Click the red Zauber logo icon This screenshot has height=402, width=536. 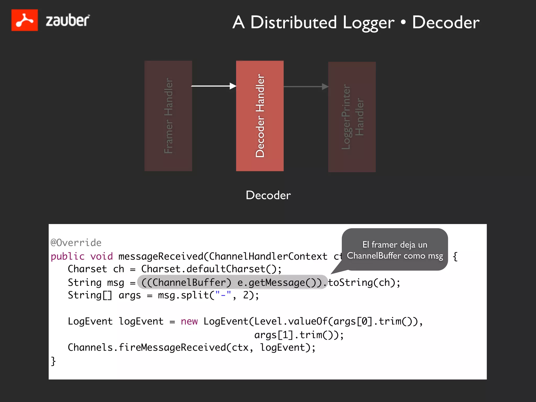click(x=24, y=20)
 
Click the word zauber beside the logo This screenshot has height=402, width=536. click(x=68, y=20)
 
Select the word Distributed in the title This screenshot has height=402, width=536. click(x=293, y=22)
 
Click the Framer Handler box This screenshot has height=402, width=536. click(x=168, y=116)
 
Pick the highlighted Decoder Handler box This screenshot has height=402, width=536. click(x=260, y=116)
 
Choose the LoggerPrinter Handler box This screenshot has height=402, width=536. click(x=352, y=117)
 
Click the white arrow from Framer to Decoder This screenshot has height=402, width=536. click(x=214, y=86)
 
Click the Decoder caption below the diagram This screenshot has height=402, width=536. click(x=268, y=195)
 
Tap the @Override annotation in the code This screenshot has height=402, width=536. click(x=76, y=243)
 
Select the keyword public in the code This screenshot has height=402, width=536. click(x=68, y=256)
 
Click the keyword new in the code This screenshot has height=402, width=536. click(x=189, y=321)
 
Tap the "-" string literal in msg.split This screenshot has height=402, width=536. click(x=223, y=295)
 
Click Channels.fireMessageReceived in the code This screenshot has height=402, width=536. click(x=147, y=347)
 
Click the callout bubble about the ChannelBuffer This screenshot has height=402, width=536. click(x=395, y=250)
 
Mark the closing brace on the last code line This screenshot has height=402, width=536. click(x=53, y=361)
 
